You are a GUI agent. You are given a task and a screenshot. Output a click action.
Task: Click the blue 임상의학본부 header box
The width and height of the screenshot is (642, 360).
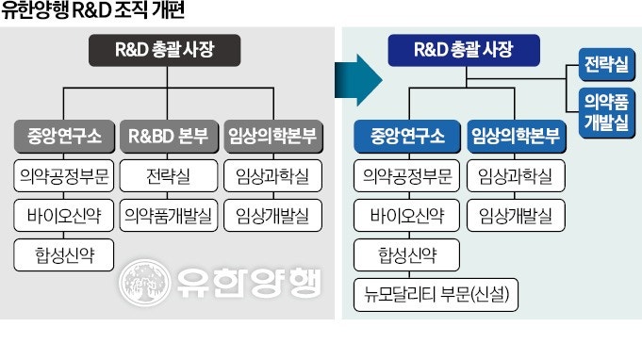(514, 136)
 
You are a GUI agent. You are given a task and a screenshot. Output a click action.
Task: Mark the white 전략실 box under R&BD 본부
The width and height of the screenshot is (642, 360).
(168, 176)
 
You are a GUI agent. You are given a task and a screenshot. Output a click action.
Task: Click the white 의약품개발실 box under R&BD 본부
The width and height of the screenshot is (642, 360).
(168, 215)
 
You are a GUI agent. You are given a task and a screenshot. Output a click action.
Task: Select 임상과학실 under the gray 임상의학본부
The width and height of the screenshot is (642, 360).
(273, 176)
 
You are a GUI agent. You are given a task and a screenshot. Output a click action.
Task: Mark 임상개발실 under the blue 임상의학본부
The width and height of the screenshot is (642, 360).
(514, 215)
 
